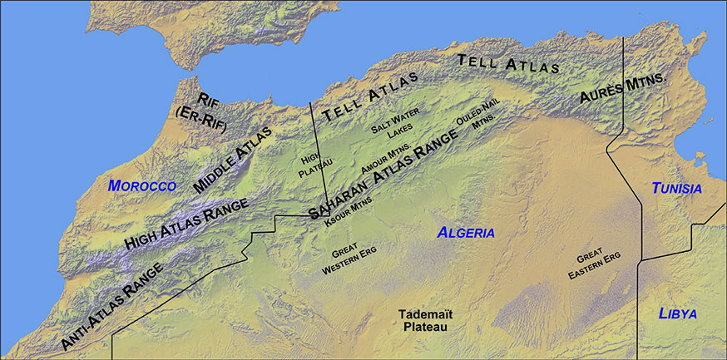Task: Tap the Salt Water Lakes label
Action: pos(396,124)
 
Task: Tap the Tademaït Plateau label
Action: pos(423,322)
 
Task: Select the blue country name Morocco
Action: pos(143,185)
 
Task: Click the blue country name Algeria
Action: pos(466,233)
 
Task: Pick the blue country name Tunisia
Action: pos(676,189)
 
